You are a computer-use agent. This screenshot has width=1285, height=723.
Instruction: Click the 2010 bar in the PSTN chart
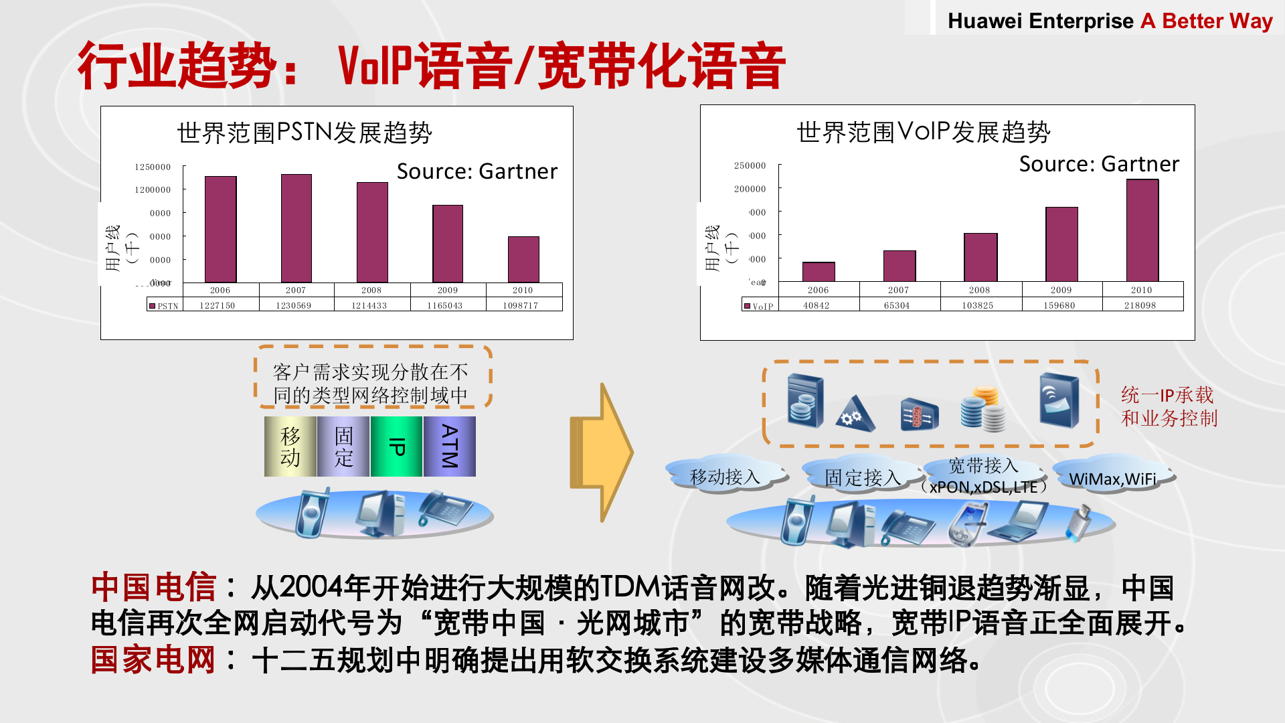pos(523,259)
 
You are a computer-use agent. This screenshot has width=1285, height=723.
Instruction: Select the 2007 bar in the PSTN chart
pos(296,228)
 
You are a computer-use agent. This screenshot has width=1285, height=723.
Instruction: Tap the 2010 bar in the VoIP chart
pos(1142,230)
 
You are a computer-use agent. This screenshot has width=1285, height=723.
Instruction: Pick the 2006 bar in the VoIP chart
pos(818,272)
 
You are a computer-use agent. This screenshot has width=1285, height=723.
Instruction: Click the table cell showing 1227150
pos(218,305)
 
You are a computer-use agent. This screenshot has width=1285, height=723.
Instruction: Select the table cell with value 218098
pos(1140,305)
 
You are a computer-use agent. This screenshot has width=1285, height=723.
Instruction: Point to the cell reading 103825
pos(978,305)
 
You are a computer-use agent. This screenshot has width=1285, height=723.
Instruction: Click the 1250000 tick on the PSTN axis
pos(153,167)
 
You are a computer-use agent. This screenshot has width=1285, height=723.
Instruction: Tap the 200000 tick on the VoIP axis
pos(750,189)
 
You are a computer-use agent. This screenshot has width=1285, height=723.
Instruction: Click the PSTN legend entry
pos(164,306)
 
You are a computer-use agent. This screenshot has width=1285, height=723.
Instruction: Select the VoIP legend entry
pos(759,306)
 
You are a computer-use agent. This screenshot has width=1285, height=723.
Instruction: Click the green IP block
pos(396,447)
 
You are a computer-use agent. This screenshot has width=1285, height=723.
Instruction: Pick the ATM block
pos(449,447)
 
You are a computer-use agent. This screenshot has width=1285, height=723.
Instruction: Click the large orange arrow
pos(601,453)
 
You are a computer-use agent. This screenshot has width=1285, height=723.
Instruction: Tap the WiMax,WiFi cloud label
pos(1112,479)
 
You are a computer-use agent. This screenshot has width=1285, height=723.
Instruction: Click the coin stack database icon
pos(983,408)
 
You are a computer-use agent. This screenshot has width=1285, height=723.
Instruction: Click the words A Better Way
pos(1206,21)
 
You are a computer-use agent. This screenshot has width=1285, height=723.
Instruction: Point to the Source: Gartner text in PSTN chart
pos(477,171)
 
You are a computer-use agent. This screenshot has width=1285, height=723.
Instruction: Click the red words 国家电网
pos(153,660)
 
